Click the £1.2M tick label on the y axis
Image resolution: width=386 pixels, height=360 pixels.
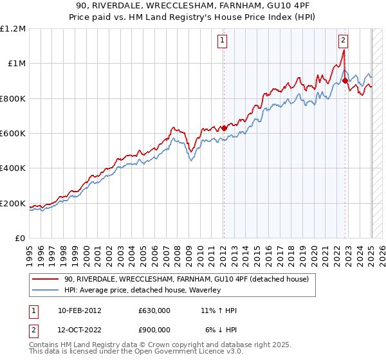coord(14,29)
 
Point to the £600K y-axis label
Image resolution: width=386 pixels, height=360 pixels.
coord(13,134)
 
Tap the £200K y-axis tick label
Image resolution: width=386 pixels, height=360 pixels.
coord(13,204)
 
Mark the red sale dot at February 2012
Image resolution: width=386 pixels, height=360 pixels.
coord(224,128)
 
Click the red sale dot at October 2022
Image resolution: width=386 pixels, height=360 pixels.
coord(345,80)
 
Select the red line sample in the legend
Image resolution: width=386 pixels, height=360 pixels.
coord(45,279)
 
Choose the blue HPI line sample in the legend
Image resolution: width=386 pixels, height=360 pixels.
coord(45,290)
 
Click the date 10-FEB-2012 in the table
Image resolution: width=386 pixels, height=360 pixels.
coord(79,310)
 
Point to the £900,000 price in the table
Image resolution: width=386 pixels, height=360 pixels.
coord(154,329)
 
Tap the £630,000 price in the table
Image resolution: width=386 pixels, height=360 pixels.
coord(154,310)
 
